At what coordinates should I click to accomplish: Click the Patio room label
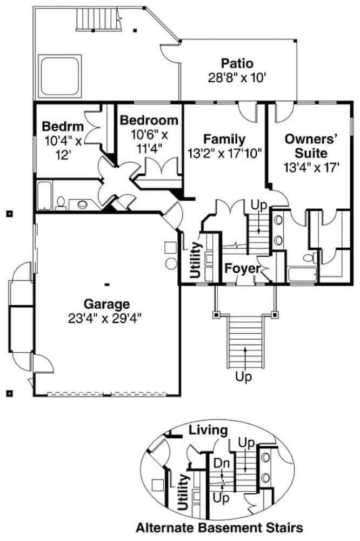pyautogui.click(x=237, y=63)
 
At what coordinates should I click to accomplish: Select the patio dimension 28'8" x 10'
pyautogui.click(x=237, y=78)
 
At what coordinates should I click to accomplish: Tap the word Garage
pyautogui.click(x=106, y=303)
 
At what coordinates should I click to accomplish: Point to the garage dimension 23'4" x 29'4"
pyautogui.click(x=106, y=318)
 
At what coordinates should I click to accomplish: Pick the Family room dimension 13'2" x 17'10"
pyautogui.click(x=224, y=153)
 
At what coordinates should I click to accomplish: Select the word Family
pyautogui.click(x=224, y=139)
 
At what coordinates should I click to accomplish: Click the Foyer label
pyautogui.click(x=240, y=269)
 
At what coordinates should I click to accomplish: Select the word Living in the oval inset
pyautogui.click(x=208, y=431)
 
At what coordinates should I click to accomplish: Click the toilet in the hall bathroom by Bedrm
pyautogui.click(x=61, y=203)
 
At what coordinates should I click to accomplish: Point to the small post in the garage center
pyautogui.click(x=107, y=283)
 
